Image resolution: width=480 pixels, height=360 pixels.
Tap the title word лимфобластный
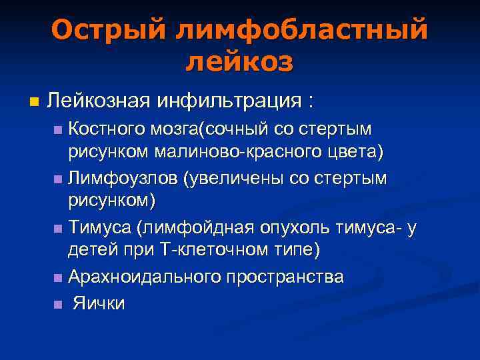click(x=301, y=29)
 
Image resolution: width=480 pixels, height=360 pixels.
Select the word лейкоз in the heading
click(x=239, y=61)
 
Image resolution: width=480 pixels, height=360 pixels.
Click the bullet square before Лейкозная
click(x=34, y=103)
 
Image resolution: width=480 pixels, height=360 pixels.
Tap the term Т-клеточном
click(x=216, y=252)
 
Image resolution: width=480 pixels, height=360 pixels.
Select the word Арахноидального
click(x=138, y=277)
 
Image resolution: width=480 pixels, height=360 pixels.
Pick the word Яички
click(x=98, y=303)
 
